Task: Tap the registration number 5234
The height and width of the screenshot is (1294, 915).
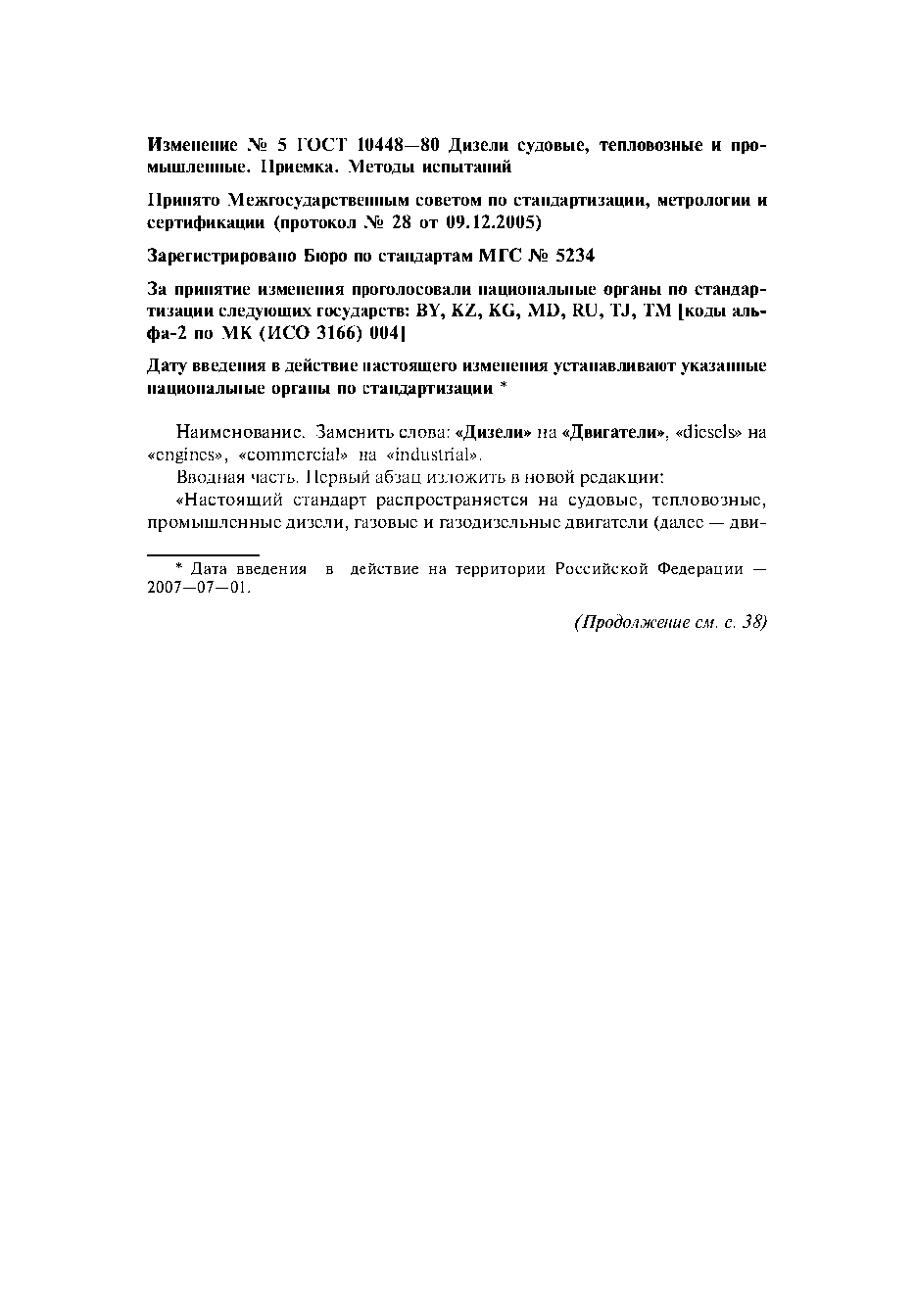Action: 574,256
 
